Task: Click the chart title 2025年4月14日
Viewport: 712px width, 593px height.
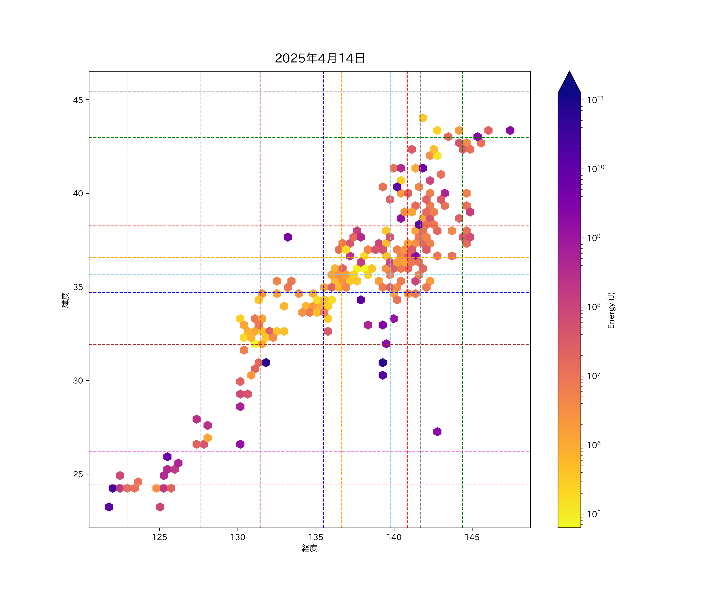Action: [x=320, y=58]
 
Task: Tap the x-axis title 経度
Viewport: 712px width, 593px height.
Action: [x=309, y=548]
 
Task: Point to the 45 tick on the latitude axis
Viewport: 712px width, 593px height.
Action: [x=78, y=100]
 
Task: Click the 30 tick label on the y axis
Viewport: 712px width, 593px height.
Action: [x=78, y=381]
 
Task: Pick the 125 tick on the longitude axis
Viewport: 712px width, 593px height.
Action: [x=159, y=537]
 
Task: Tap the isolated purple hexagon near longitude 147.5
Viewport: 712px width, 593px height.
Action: [x=510, y=130]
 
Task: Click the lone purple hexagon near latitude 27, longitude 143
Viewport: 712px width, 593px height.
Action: [x=437, y=432]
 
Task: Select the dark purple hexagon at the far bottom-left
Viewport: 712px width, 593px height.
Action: [x=109, y=507]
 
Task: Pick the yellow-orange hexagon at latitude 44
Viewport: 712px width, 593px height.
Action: [x=422, y=118]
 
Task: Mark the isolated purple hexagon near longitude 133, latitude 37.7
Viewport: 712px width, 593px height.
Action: [x=288, y=237]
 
